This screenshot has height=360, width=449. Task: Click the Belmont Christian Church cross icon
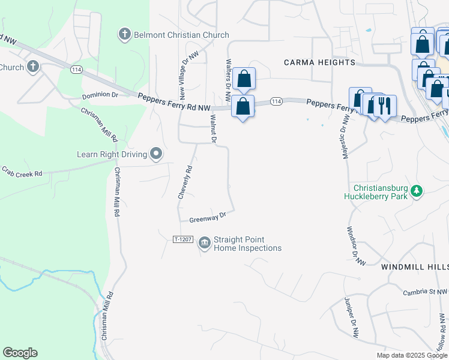125,34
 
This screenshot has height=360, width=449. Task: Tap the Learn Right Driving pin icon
156,155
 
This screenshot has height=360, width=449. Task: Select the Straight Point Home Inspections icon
205,242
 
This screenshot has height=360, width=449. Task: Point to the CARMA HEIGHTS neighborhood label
319,62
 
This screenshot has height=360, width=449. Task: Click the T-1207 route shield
182,239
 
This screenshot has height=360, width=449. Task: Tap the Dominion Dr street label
100,95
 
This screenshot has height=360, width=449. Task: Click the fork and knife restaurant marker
384,106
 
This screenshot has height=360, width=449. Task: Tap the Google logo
20,353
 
